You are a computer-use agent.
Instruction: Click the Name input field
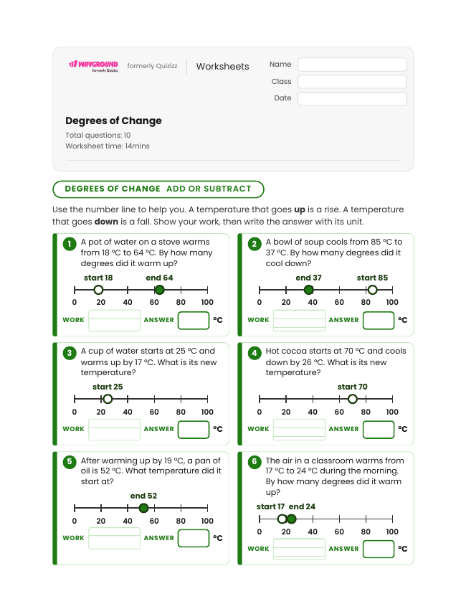(x=352, y=65)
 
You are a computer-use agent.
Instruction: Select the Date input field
(x=352, y=98)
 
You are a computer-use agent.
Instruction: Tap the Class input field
(x=352, y=82)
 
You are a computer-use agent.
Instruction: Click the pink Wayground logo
(x=94, y=65)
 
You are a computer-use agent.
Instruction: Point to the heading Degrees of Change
(x=113, y=121)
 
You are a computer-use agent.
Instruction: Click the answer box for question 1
(x=194, y=320)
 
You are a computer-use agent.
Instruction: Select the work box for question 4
(x=299, y=429)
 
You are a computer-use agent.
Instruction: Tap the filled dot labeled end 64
(x=159, y=290)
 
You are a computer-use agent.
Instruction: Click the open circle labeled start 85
(x=372, y=290)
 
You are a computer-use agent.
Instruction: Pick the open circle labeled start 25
(x=108, y=399)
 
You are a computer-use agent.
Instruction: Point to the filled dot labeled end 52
(x=143, y=508)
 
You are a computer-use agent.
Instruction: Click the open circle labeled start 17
(x=282, y=519)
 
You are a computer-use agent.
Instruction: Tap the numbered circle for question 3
(x=70, y=353)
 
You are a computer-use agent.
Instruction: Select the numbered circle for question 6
(x=255, y=462)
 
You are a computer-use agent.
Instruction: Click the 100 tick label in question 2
(x=392, y=303)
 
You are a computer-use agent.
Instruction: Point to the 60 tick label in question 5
(x=154, y=521)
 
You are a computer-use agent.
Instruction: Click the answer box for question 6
(x=379, y=549)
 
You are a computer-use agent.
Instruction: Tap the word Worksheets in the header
(x=222, y=66)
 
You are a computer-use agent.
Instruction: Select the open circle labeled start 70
(x=353, y=399)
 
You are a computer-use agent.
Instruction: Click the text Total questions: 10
(x=98, y=135)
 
